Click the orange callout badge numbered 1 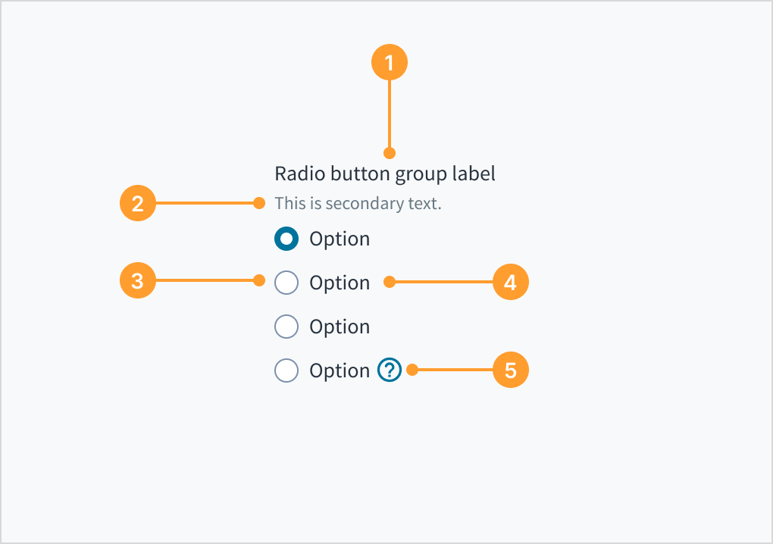pyautogui.click(x=390, y=63)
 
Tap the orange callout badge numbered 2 pyautogui.click(x=137, y=203)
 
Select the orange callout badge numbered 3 pyautogui.click(x=137, y=281)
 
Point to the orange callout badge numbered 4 pyautogui.click(x=510, y=283)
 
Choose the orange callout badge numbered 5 pyautogui.click(x=510, y=370)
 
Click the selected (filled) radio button pyautogui.click(x=286, y=239)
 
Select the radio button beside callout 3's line pyautogui.click(x=286, y=283)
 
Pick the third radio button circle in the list pyautogui.click(x=286, y=327)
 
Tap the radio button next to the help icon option pyautogui.click(x=286, y=370)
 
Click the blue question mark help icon pyautogui.click(x=390, y=370)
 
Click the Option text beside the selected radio pyautogui.click(x=340, y=239)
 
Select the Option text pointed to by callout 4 pyautogui.click(x=340, y=283)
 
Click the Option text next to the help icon pyautogui.click(x=340, y=371)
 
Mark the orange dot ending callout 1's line pyautogui.click(x=390, y=153)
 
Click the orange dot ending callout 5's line pyautogui.click(x=412, y=370)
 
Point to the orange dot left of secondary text pyautogui.click(x=259, y=203)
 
